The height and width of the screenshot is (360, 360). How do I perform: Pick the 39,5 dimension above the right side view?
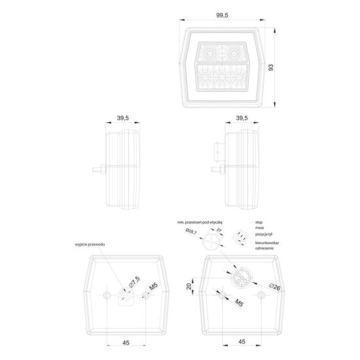[241, 118]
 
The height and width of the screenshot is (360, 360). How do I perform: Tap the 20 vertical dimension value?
[189, 285]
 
